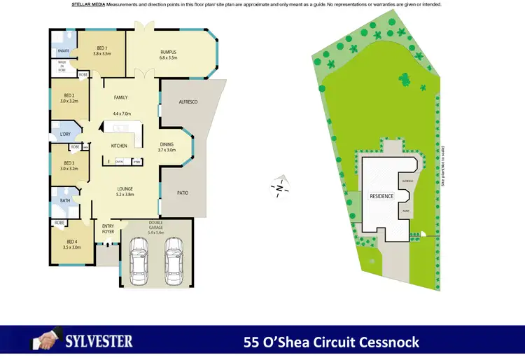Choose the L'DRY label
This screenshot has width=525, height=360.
[x=65, y=134]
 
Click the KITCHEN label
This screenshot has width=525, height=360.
[x=119, y=146]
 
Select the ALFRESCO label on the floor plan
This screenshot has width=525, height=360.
[x=187, y=102]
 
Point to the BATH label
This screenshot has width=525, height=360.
[x=64, y=200]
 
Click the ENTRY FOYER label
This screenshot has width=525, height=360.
[x=108, y=228]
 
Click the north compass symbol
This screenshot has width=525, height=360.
[x=279, y=188]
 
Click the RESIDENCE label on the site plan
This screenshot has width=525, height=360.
[x=381, y=196]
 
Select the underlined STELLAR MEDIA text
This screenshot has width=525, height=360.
[x=87, y=4]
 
